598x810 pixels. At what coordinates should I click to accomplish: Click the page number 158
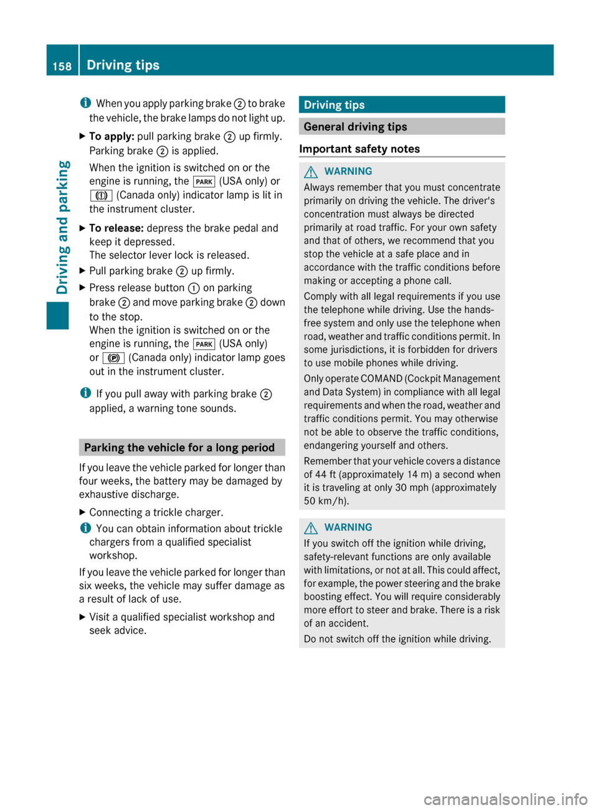pyautogui.click(x=62, y=66)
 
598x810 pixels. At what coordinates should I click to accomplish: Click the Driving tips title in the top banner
pyautogui.click(x=123, y=65)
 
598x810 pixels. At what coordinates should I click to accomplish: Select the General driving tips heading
pyautogui.click(x=355, y=127)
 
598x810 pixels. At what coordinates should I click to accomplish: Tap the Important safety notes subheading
pyautogui.click(x=359, y=149)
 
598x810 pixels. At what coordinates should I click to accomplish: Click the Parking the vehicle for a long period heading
pyautogui.click(x=179, y=447)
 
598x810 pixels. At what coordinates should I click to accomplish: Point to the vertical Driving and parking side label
pyautogui.click(x=63, y=226)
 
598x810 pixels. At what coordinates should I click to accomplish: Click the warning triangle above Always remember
pyautogui.click(x=311, y=172)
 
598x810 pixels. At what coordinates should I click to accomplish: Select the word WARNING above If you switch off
pyautogui.click(x=348, y=528)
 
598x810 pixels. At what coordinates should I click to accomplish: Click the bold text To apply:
pyautogui.click(x=112, y=136)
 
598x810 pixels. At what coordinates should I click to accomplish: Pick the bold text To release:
pyautogui.click(x=116, y=228)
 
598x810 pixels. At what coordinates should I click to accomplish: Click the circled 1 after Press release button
pyautogui.click(x=194, y=288)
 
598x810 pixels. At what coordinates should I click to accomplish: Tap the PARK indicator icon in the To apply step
pyautogui.click(x=204, y=182)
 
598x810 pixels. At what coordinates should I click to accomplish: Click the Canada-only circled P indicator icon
pyautogui.click(x=114, y=358)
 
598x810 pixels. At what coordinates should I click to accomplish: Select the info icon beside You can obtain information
pyautogui.click(x=85, y=528)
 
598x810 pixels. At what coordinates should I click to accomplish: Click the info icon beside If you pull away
pyautogui.click(x=85, y=394)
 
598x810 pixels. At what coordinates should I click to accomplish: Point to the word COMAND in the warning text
pyautogui.click(x=382, y=379)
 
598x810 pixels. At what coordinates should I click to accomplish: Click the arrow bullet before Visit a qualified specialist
pyautogui.click(x=82, y=617)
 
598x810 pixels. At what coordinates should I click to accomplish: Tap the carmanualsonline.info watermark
pyautogui.click(x=505, y=799)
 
